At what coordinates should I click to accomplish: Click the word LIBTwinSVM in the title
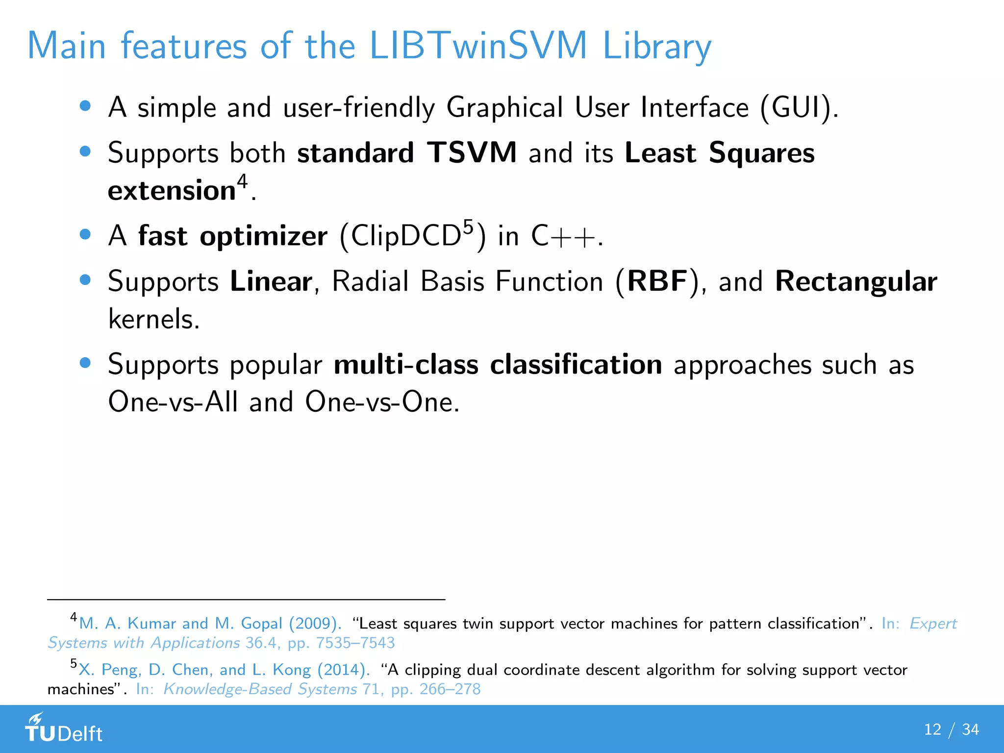point(478,46)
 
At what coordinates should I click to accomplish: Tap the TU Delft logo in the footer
point(64,728)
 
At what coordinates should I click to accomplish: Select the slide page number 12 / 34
point(951,729)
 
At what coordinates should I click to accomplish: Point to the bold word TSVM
point(472,152)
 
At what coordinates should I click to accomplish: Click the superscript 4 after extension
point(242,181)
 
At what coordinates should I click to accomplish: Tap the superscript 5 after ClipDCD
point(469,227)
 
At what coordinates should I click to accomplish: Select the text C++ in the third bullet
point(564,236)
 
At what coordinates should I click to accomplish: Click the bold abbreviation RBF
point(657,281)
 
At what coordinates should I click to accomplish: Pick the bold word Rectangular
point(856,281)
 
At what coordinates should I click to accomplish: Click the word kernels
point(153,319)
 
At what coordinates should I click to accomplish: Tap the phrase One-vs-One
point(381,402)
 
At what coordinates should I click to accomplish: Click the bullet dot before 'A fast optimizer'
point(85,234)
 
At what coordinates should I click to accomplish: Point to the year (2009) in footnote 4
point(315,623)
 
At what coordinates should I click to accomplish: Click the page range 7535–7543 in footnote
point(355,643)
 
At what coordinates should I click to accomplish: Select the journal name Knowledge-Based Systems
point(260,689)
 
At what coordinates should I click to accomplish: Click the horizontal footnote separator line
point(245,599)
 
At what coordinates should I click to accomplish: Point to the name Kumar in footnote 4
point(151,623)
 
